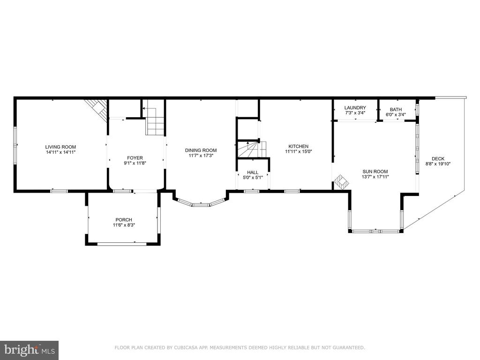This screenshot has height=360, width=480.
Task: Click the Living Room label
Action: (60, 147)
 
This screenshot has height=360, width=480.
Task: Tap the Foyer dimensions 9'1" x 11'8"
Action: (135, 163)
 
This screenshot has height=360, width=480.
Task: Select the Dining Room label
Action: (201, 150)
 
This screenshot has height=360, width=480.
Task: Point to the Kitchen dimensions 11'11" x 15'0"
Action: (299, 151)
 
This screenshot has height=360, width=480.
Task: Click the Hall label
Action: (253, 172)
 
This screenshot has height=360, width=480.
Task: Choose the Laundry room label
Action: (355, 108)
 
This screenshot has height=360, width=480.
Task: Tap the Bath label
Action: (396, 110)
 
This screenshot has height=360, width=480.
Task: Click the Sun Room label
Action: (375, 172)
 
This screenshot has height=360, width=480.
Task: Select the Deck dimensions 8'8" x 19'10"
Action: (438, 164)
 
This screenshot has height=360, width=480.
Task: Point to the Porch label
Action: (124, 220)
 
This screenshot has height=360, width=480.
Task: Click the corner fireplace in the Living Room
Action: (97, 110)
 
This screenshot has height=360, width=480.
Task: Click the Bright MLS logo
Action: (30, 350)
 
